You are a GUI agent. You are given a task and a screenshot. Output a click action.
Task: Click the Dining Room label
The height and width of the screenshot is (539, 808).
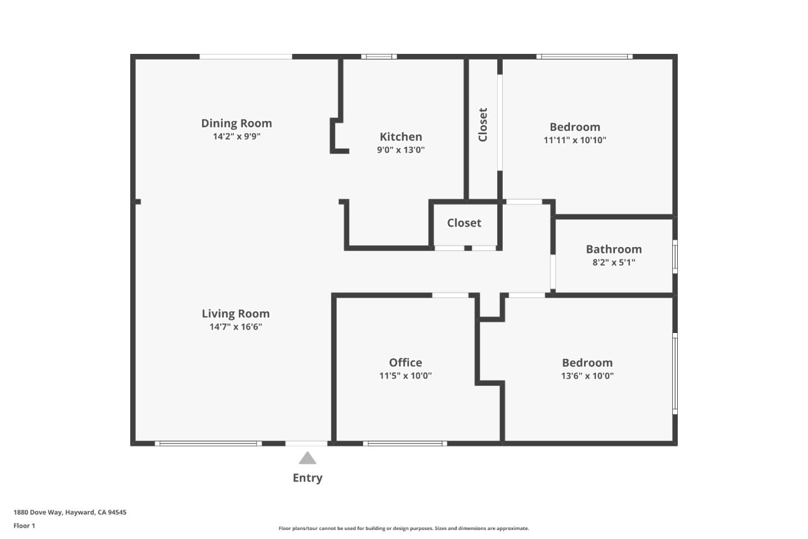click(236, 124)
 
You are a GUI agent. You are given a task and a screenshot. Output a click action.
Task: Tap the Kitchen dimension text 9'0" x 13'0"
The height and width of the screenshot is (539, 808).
click(401, 150)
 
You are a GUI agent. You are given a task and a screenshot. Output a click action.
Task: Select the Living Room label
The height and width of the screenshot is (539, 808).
click(236, 314)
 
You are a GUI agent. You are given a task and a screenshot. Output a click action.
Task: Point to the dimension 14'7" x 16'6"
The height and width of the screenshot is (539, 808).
click(236, 327)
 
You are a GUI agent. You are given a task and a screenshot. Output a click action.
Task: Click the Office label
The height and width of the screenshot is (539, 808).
click(405, 363)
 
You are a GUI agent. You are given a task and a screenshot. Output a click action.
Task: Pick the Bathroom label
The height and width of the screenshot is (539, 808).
click(613, 249)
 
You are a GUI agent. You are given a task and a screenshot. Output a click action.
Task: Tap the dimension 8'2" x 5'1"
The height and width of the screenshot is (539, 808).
click(613, 262)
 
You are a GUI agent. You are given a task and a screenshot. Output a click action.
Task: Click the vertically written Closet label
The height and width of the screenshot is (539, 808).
click(483, 125)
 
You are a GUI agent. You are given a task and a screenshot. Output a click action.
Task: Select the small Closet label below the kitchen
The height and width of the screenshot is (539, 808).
click(464, 223)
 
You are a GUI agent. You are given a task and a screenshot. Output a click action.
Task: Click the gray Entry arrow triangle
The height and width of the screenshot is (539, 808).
click(307, 459)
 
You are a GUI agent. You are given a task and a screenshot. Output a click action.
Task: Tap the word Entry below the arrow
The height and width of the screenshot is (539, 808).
click(307, 478)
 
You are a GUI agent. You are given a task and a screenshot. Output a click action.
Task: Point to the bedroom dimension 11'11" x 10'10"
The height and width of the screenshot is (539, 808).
click(575, 140)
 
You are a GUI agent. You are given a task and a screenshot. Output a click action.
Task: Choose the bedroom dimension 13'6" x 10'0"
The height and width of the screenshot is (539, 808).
click(587, 376)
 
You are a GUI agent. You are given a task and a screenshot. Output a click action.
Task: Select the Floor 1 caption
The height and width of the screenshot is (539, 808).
click(24, 526)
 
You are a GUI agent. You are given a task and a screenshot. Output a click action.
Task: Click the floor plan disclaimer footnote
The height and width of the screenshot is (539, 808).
click(403, 528)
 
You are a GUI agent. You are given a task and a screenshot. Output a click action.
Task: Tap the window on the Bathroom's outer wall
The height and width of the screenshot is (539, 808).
click(675, 257)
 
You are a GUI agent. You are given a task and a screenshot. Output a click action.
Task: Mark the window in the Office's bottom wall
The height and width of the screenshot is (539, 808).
click(405, 444)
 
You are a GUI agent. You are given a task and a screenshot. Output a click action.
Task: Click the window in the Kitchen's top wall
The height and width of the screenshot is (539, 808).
click(379, 57)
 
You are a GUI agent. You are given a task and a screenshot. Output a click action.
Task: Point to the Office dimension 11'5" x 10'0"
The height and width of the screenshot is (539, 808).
click(405, 376)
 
